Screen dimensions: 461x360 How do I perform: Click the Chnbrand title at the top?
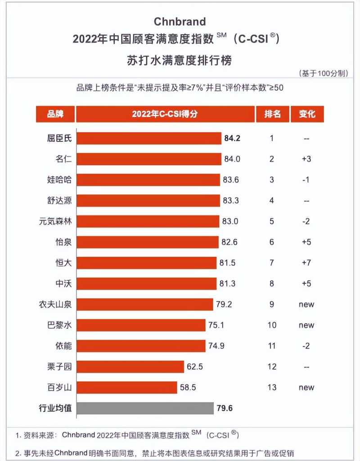(180, 22)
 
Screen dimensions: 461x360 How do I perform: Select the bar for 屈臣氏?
(148, 138)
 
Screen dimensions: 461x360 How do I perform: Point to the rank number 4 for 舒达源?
(271, 201)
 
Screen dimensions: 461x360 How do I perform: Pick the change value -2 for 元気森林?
(306, 221)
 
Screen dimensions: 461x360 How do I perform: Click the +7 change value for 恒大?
(306, 263)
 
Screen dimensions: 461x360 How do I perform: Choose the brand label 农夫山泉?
(55, 304)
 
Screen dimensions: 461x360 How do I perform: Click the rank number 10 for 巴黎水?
(272, 325)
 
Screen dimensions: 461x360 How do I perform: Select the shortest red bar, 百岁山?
(126, 387)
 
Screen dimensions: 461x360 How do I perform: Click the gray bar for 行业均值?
(144, 408)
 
